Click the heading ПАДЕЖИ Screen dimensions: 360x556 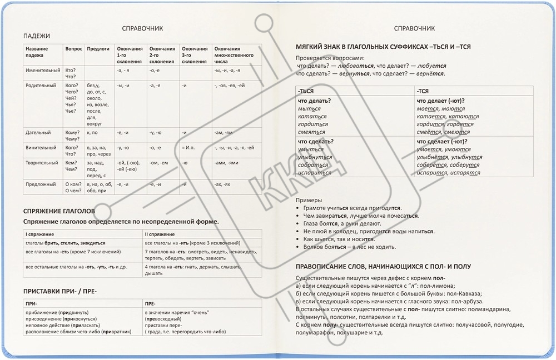[x=37, y=36]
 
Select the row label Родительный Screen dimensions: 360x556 [x=41, y=86]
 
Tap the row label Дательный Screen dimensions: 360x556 [x=38, y=133]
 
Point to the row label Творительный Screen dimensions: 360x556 [x=42, y=162]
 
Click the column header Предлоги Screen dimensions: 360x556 [x=98, y=49]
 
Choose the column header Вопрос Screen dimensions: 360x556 [x=73, y=49]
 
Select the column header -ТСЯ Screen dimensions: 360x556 [x=424, y=91]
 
